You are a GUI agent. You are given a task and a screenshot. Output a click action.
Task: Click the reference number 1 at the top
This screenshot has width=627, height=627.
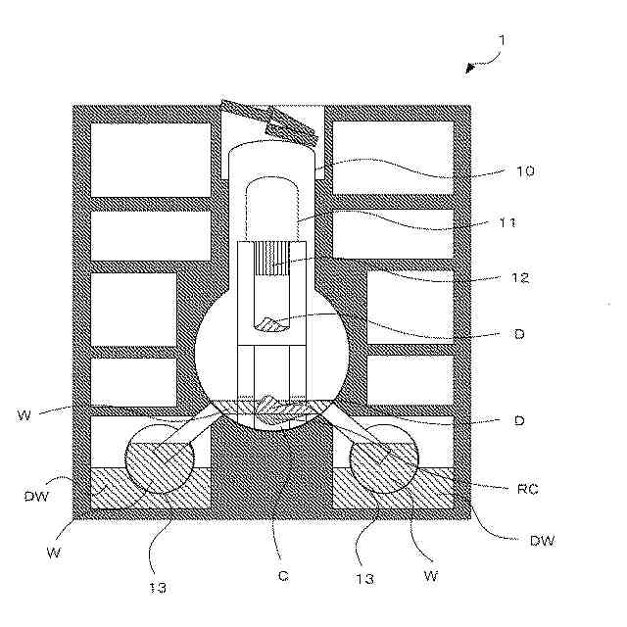coord(501,40)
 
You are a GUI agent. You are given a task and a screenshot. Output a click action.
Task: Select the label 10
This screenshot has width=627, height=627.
coord(525,170)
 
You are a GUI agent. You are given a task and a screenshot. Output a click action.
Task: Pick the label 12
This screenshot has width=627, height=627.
coord(520,277)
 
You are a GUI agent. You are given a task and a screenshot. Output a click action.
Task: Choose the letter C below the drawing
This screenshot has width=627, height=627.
coord(282,576)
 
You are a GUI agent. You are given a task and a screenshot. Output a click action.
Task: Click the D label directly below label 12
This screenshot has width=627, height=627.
coord(519,334)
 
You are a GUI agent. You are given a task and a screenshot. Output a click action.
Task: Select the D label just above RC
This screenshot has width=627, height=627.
coord(519,420)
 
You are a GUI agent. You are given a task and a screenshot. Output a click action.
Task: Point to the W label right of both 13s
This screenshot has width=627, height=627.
coord(428,576)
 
